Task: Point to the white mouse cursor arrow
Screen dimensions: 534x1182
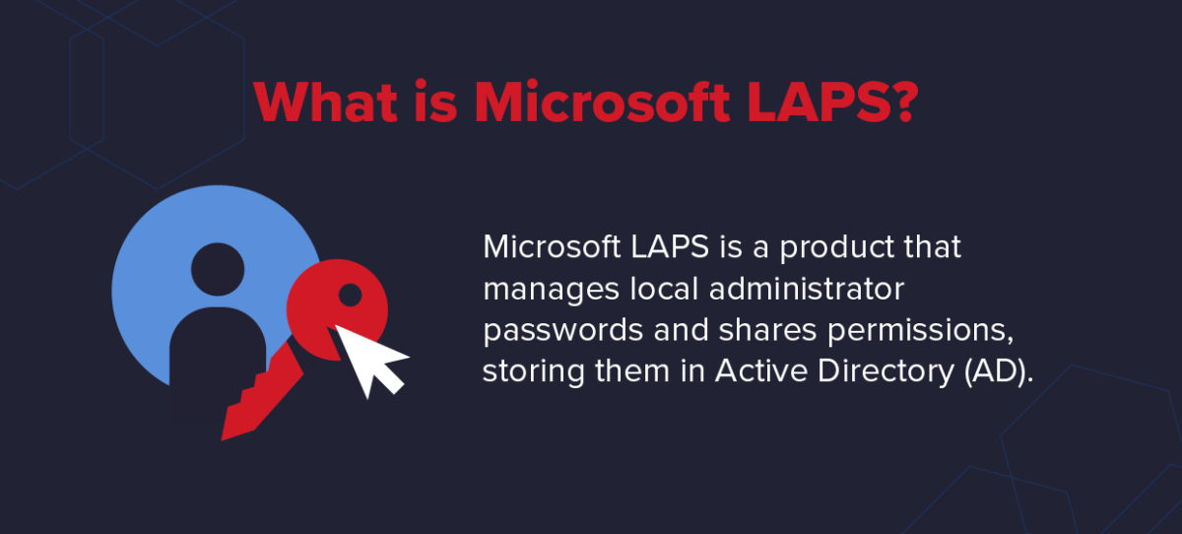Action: [x=368, y=358]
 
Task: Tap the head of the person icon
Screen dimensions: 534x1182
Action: [x=217, y=268]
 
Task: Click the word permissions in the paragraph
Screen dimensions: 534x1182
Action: [x=916, y=333]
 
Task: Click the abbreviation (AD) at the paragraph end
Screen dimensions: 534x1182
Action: [x=991, y=374]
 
